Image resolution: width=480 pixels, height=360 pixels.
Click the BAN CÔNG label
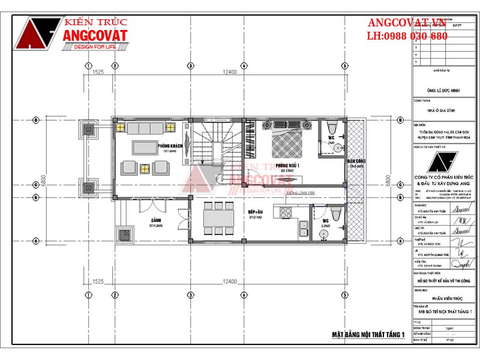tap(355, 162)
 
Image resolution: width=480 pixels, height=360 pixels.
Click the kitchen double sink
tap(304, 228)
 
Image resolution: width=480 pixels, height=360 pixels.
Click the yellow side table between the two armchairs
tap(144, 167)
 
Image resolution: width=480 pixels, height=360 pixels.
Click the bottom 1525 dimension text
tap(99, 281)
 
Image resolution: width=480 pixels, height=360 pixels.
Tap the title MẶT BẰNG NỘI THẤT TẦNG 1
tap(369, 334)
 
